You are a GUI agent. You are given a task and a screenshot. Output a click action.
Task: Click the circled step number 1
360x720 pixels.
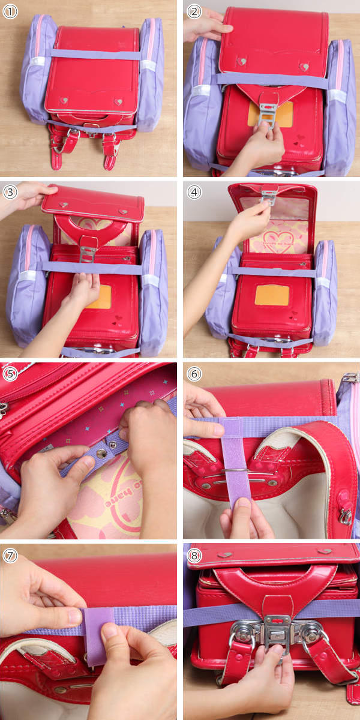(10, 11)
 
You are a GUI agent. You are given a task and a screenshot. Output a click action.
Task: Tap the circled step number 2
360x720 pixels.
(194, 11)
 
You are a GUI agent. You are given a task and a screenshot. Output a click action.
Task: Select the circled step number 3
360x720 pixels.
(10, 192)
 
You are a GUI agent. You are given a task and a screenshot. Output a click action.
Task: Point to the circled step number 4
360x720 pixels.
(194, 192)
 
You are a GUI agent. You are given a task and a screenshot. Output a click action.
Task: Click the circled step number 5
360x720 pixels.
(10, 374)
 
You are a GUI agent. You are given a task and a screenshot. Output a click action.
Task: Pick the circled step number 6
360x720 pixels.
(194, 374)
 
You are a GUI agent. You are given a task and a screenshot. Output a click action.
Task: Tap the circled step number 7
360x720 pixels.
(10, 556)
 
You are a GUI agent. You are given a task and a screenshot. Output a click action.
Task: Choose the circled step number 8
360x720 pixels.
(194, 556)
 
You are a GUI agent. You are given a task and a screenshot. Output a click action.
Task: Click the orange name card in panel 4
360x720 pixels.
(272, 295)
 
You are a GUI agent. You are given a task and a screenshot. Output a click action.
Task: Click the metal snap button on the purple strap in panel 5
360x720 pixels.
(101, 453)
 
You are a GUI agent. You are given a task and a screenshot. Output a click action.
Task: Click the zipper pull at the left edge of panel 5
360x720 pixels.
(3, 409)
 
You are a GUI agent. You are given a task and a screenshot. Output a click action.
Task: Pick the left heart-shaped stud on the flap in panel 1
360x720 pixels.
(64, 100)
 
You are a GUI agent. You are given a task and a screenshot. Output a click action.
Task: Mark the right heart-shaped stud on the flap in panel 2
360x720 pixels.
(304, 67)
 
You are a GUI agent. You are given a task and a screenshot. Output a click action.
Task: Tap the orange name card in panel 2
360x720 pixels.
(271, 115)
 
